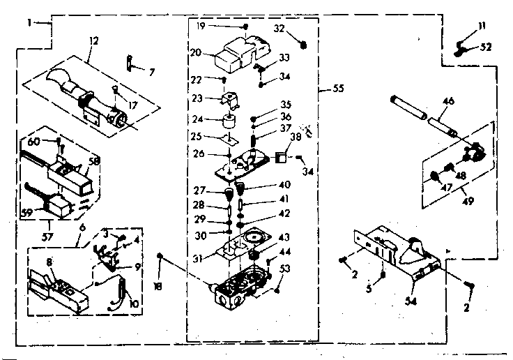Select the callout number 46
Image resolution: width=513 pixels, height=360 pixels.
(447, 101)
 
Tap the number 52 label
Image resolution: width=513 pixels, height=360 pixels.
(486, 47)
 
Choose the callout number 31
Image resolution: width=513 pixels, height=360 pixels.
(199, 258)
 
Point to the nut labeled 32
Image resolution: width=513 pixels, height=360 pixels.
(303, 45)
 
